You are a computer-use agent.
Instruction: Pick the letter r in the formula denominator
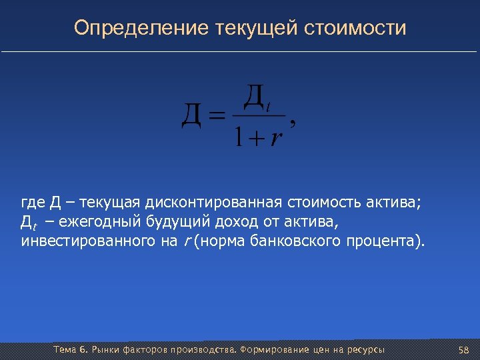[275, 139]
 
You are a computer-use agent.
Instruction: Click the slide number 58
[464, 351]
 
